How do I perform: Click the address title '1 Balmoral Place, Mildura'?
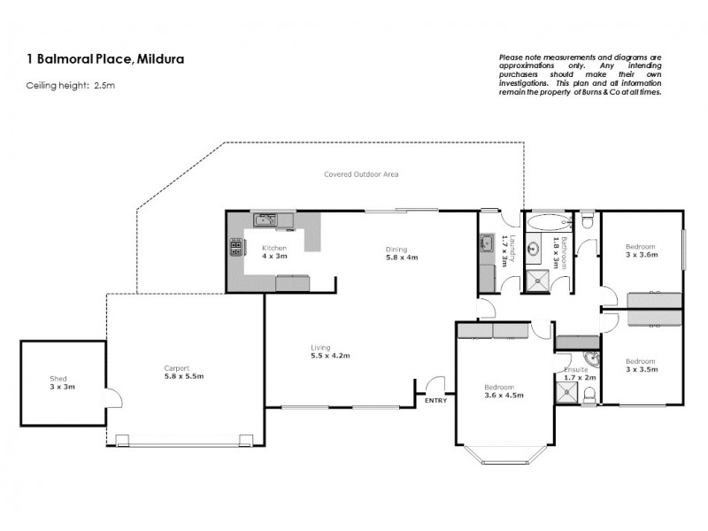[x=99, y=59]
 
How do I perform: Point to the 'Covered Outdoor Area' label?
[x=360, y=174]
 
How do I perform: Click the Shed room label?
[x=58, y=379]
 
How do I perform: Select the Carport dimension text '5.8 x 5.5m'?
[x=184, y=376]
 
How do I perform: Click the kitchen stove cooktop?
[x=237, y=249]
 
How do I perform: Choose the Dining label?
[x=396, y=249]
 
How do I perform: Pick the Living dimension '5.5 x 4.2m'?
[x=330, y=356]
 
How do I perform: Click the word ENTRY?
[x=435, y=401]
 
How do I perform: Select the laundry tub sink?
[x=487, y=244]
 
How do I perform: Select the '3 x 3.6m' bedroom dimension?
[x=641, y=254]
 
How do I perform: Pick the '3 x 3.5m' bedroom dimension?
[x=641, y=369]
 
